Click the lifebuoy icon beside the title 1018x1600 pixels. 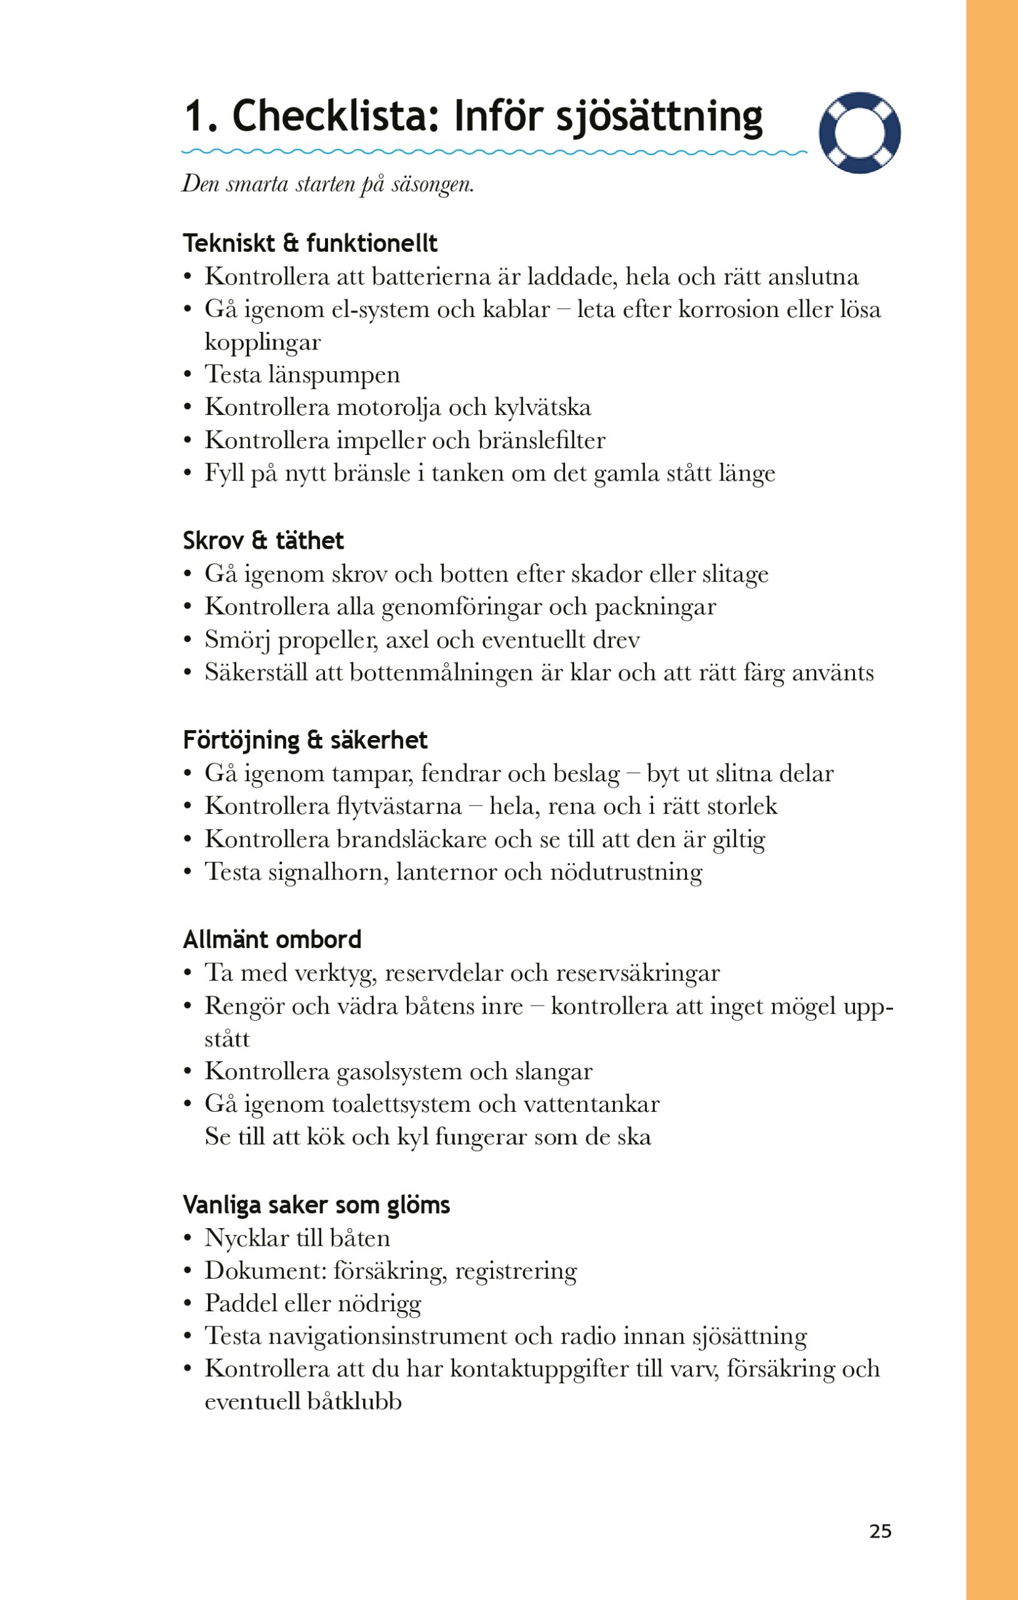pos(859,133)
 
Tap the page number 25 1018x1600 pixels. pos(880,1530)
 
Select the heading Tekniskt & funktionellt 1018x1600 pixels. pos(310,243)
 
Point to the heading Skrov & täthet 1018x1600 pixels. pos(263,540)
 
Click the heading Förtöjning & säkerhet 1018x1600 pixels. pos(305,739)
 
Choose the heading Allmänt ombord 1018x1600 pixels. pos(272,939)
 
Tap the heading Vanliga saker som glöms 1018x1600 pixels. pos(316,1204)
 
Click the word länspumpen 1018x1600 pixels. pos(334,375)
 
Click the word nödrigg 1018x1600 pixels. pos(379,1304)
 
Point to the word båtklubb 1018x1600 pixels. pos(354,1401)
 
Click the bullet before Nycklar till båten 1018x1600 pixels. pos(188,1238)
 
